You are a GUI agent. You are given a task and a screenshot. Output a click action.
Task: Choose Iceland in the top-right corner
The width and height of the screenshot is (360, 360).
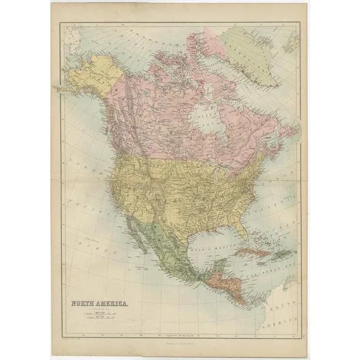click(x=292, y=41)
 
